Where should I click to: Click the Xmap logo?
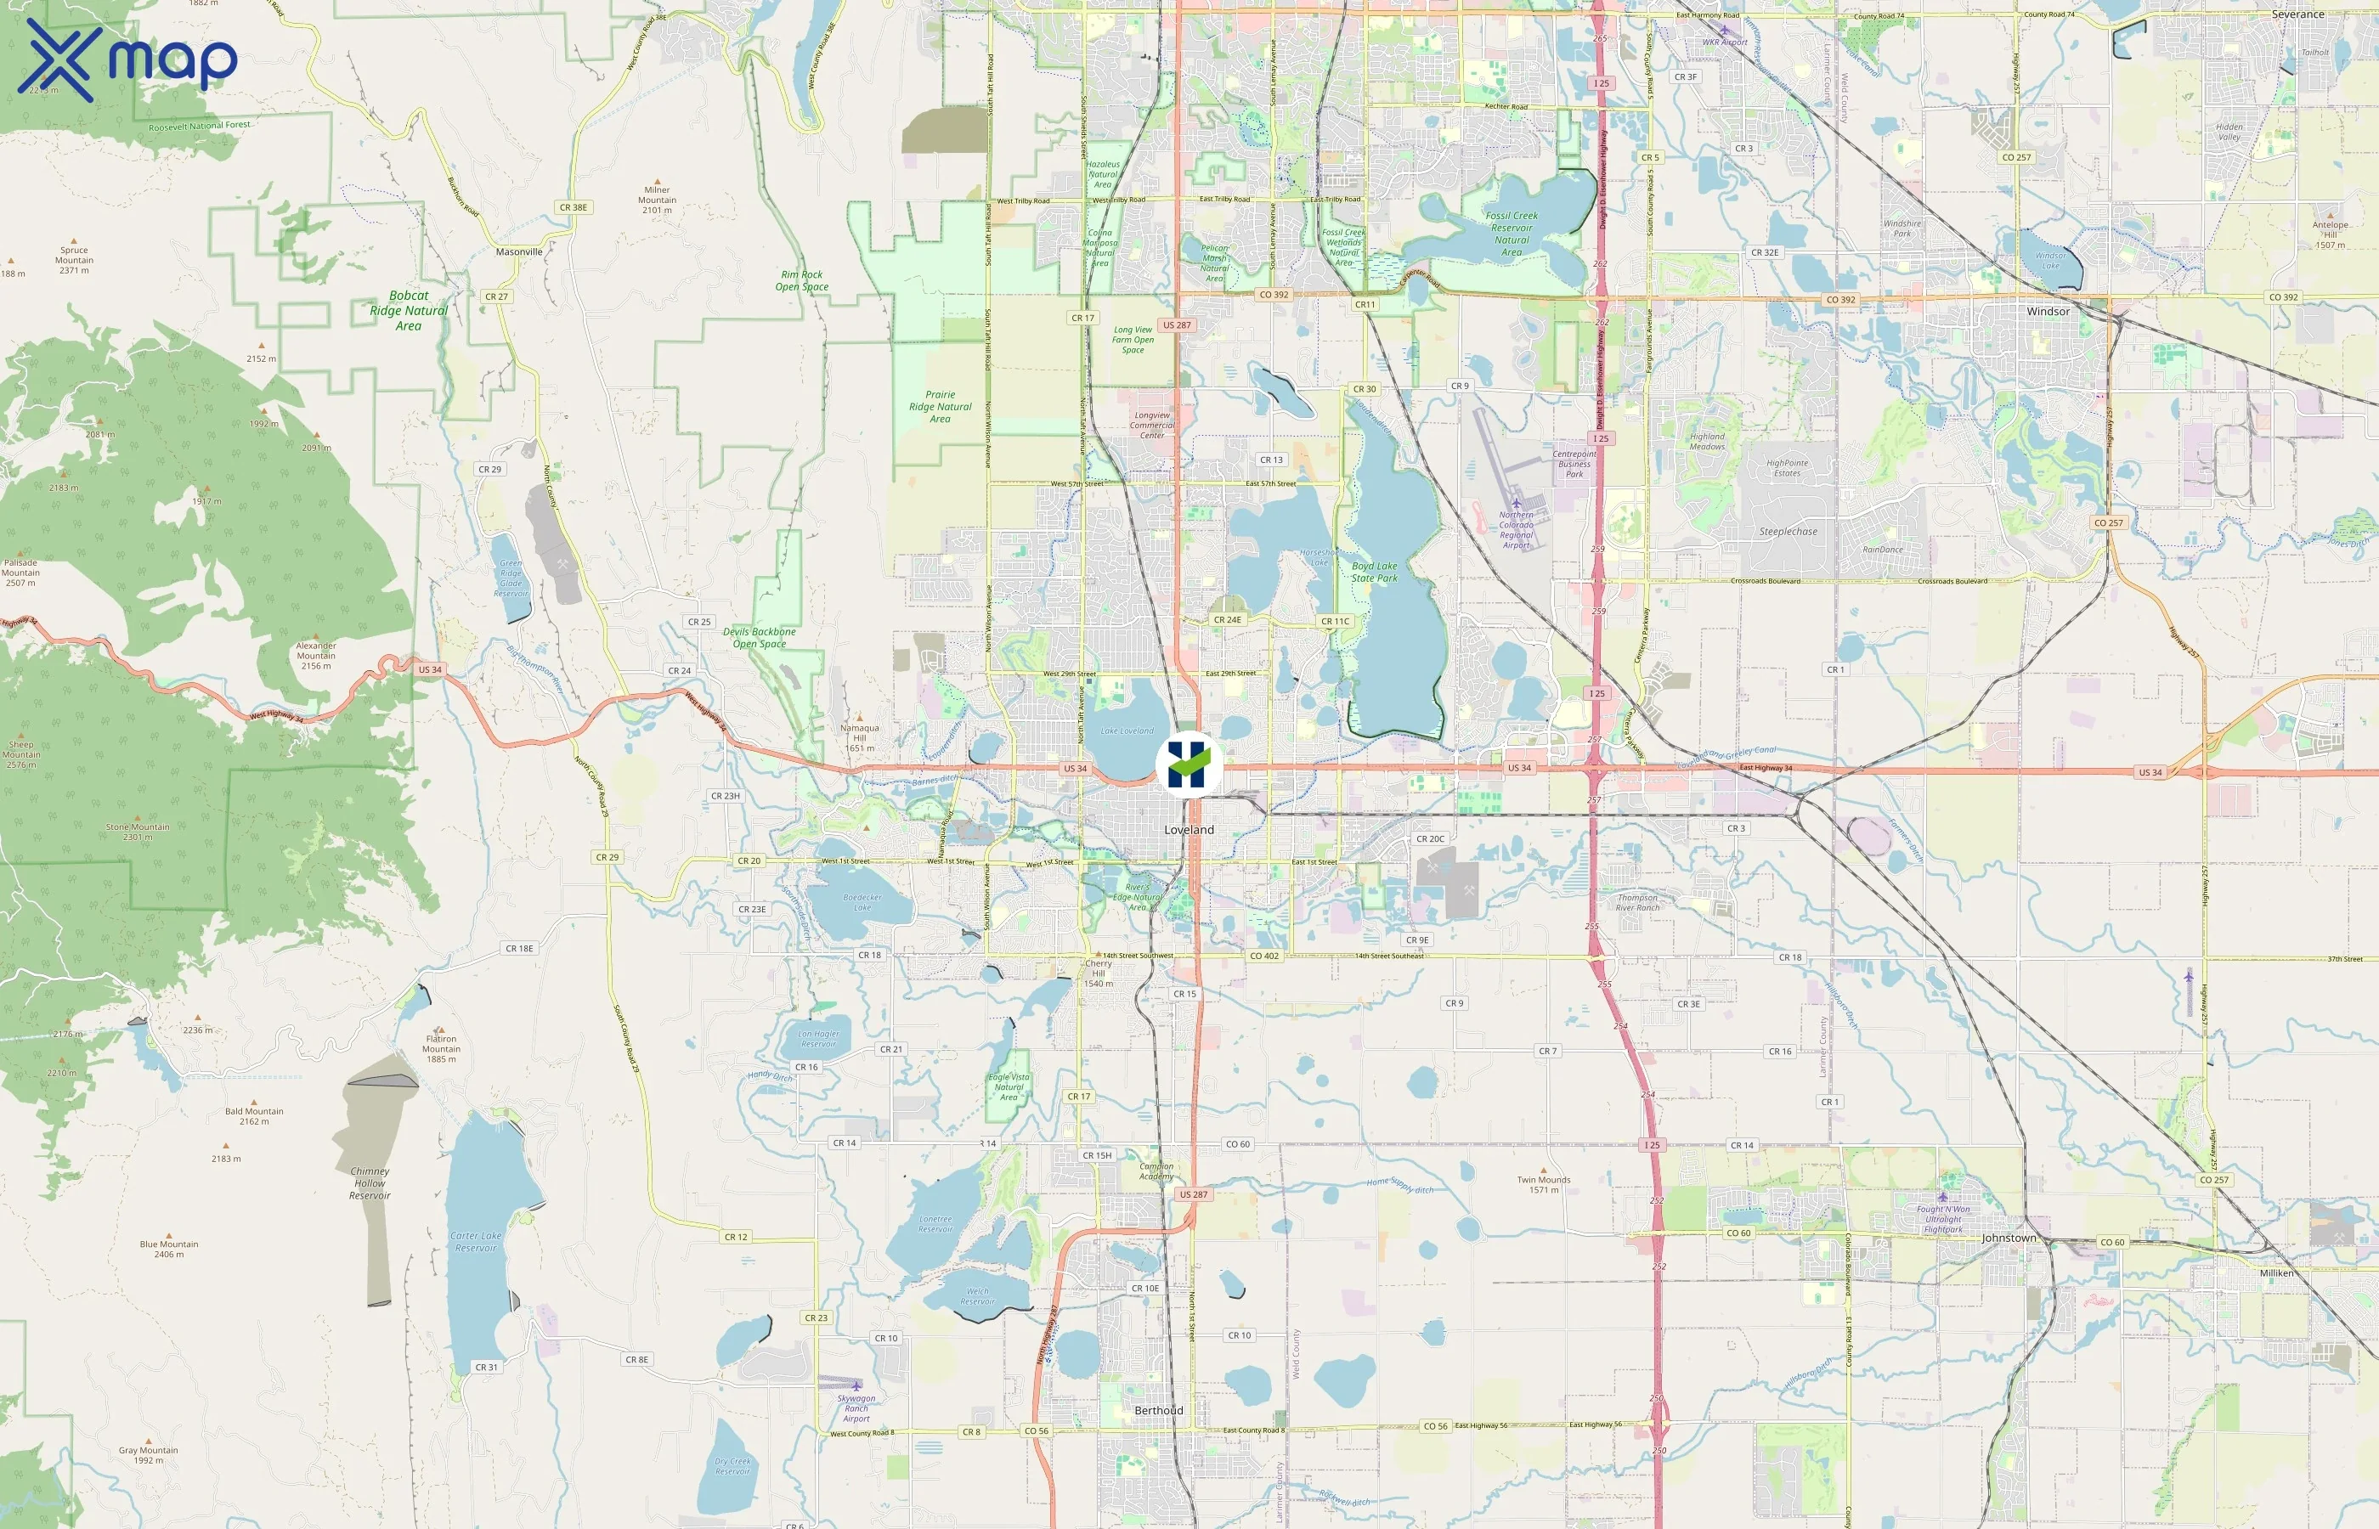[127, 59]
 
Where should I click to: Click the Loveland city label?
[1189, 830]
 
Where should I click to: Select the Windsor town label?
[2048, 312]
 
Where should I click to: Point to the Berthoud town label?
[1159, 1411]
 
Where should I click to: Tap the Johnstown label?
[2008, 1238]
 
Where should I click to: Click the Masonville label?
[519, 252]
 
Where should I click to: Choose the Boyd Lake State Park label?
[1374, 572]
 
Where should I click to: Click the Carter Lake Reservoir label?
[476, 1242]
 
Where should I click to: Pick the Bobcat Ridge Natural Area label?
[408, 311]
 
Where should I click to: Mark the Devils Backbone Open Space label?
[759, 637]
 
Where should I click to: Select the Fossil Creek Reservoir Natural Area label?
[1512, 234]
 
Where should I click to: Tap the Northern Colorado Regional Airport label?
[1516, 529]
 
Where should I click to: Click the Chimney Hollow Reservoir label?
[370, 1183]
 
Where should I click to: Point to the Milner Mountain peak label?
[658, 200]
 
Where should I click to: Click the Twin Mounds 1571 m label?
[1543, 1184]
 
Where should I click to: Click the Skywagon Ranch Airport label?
[856, 1408]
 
